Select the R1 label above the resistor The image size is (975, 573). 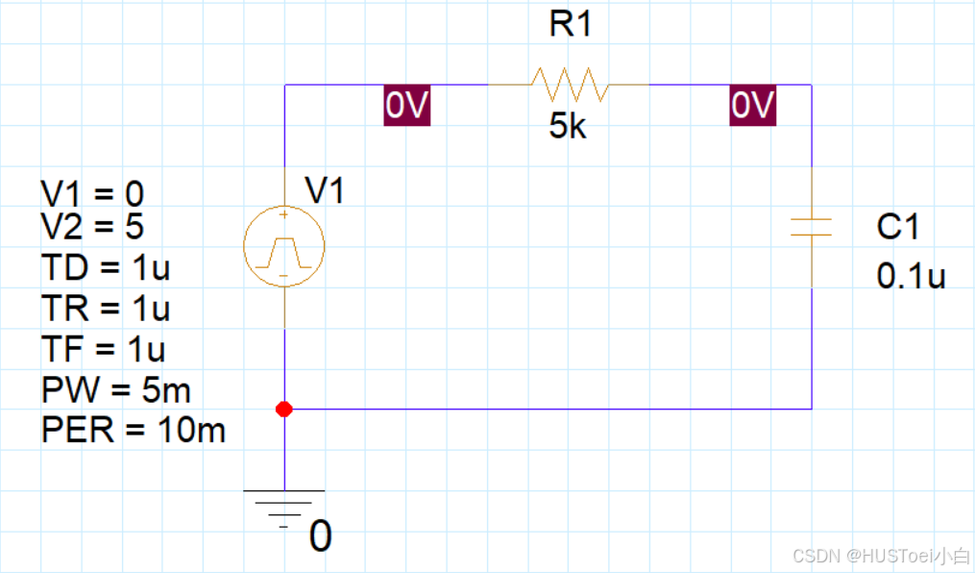click(571, 26)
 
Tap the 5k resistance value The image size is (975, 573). click(568, 127)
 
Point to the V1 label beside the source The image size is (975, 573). click(325, 191)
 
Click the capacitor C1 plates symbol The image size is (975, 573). click(812, 228)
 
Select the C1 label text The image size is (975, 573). click(898, 227)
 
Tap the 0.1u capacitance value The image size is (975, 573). click(911, 276)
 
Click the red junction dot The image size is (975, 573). click(283, 409)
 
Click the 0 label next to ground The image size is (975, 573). click(321, 536)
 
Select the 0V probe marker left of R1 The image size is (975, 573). click(405, 107)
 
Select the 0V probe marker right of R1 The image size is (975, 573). click(751, 107)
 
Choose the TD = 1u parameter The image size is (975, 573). click(106, 267)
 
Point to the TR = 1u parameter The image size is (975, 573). click(106, 308)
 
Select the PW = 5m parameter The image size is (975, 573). click(116, 389)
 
